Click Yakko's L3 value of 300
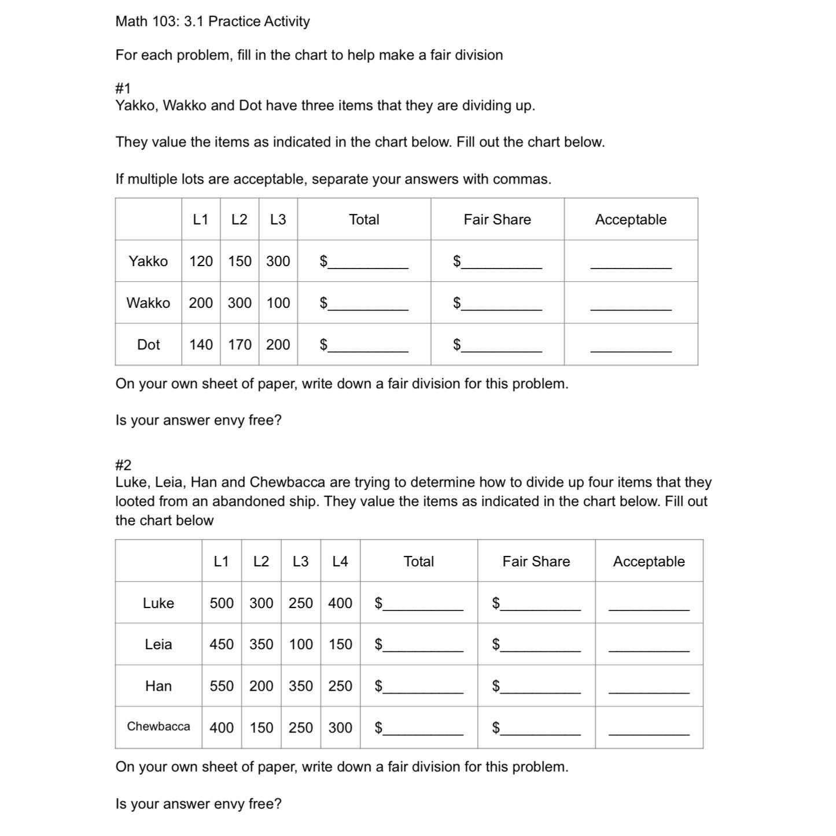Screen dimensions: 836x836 278,262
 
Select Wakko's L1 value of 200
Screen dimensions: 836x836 201,303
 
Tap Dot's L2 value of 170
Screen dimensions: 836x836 240,345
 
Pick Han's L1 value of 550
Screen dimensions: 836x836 222,686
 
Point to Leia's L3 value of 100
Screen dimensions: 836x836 301,645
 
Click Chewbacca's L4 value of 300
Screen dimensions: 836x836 340,728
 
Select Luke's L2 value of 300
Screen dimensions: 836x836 261,603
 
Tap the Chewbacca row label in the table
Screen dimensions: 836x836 159,727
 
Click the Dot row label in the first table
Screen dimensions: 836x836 148,345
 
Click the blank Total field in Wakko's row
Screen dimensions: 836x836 368,304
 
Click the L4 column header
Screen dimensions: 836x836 340,562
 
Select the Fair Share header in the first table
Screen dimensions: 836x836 497,220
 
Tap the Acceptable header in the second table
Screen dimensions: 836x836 649,562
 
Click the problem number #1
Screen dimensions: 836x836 123,89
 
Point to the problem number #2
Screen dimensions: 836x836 123,465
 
